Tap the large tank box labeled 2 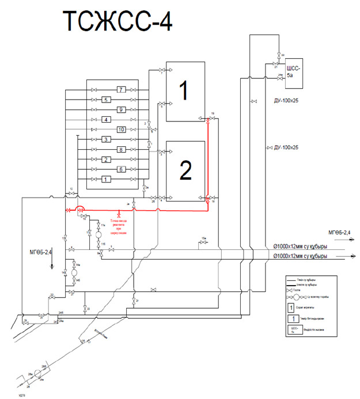185,170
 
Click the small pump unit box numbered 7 120,89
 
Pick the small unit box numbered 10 120,130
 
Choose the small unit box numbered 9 120,109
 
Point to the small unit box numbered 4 105,120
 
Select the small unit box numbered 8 120,150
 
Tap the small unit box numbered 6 120,169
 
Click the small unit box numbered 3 105,140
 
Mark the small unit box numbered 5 105,100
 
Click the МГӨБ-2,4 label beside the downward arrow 41,252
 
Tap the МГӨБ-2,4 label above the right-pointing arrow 339,231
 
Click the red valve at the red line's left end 69,210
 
